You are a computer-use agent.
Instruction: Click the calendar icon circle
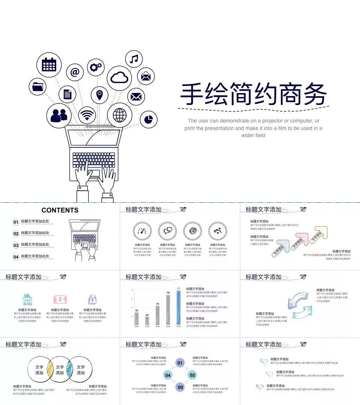click(49, 65)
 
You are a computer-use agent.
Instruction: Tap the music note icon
click(134, 59)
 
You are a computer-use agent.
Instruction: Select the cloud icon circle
click(119, 78)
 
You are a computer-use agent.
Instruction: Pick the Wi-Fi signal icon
click(87, 115)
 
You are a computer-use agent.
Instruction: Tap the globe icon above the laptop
click(120, 115)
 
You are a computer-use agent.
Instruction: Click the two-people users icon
click(59, 116)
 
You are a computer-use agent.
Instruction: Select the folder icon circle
click(38, 87)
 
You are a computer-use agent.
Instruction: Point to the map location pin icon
click(99, 95)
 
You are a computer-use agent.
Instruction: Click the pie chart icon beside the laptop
click(148, 120)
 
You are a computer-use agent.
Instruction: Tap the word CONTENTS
click(60, 210)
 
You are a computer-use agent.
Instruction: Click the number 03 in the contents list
click(16, 245)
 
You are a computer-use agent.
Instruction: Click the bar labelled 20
click(147, 321)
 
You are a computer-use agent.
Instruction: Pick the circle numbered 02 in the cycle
click(192, 375)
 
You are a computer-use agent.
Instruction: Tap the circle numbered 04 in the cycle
click(168, 375)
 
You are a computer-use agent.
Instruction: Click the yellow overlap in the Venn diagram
click(49, 370)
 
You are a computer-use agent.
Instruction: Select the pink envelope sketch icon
click(60, 299)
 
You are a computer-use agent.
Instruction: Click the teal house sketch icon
click(27, 299)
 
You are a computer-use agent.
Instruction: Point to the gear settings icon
click(96, 67)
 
